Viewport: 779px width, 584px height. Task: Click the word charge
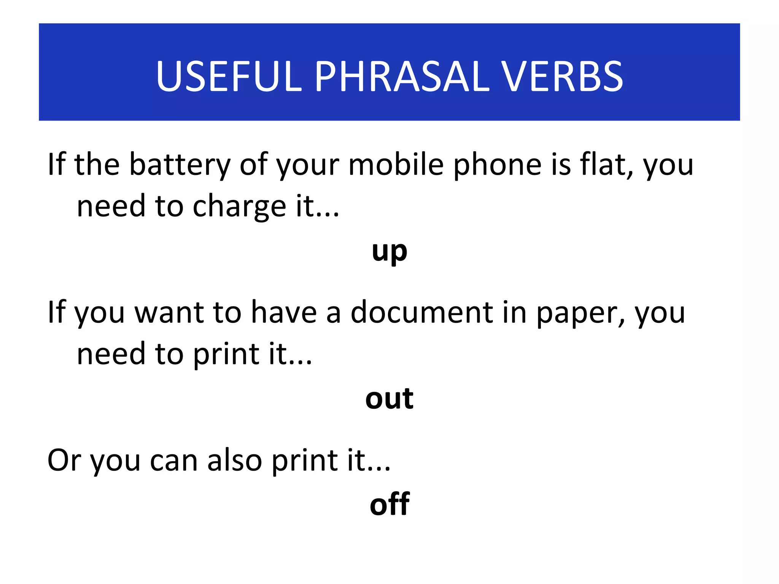pyautogui.click(x=239, y=207)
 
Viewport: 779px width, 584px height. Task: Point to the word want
pyautogui.click(x=169, y=313)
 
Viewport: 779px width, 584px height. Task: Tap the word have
pyautogui.click(x=284, y=313)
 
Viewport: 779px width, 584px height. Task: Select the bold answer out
pyautogui.click(x=389, y=399)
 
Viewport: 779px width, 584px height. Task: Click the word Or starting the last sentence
pyautogui.click(x=64, y=460)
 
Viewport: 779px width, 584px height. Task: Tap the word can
pyautogui.click(x=174, y=461)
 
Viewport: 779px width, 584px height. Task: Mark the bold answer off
pyautogui.click(x=389, y=505)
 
